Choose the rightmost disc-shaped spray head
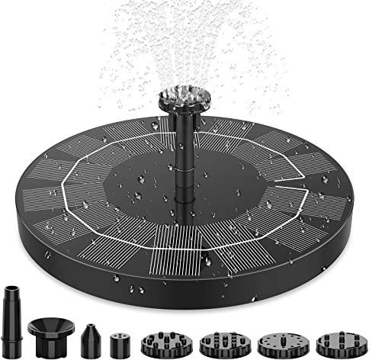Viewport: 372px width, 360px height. [x=332, y=337]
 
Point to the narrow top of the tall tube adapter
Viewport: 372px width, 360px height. [x=11, y=291]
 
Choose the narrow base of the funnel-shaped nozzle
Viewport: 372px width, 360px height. [x=49, y=343]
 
